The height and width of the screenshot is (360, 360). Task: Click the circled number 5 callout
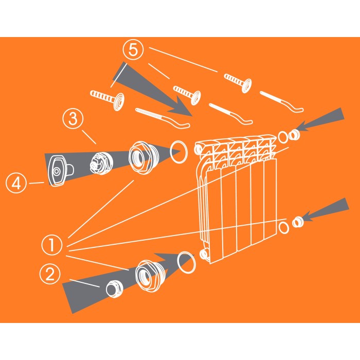[133, 50]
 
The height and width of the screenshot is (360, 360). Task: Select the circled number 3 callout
[73, 119]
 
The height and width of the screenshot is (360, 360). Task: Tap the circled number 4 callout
[16, 183]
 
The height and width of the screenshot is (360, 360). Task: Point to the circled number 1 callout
[52, 245]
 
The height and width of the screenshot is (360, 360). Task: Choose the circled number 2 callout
[50, 274]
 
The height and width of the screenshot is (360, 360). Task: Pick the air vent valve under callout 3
[101, 164]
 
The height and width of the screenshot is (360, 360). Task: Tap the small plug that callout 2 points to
[114, 289]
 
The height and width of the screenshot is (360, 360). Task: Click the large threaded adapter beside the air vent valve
[143, 157]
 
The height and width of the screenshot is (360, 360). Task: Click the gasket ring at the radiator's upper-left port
[178, 152]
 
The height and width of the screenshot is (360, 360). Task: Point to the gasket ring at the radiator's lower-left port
[187, 262]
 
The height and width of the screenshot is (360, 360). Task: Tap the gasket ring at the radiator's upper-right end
[283, 137]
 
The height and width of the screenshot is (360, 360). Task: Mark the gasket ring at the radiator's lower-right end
[284, 228]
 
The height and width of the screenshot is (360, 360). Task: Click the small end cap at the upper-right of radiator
[294, 135]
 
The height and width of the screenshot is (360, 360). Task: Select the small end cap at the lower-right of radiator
[298, 222]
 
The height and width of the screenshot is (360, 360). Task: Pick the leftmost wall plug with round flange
[107, 100]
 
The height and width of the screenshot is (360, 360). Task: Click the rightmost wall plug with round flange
[238, 82]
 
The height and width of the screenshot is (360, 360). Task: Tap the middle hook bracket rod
[230, 114]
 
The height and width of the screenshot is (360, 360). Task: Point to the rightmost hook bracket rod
[281, 101]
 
